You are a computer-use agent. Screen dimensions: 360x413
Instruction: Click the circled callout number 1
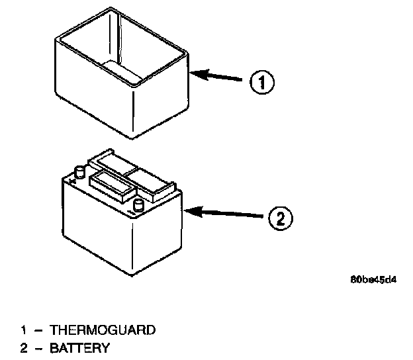(261, 83)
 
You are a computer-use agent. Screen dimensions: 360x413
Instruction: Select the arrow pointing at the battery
(228, 214)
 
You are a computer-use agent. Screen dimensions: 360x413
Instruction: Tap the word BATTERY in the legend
(79, 348)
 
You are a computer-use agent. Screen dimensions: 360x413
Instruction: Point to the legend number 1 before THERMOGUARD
(24, 330)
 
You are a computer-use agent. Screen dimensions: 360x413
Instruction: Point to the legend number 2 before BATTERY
(24, 348)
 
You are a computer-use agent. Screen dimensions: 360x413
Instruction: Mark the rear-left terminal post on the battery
(79, 171)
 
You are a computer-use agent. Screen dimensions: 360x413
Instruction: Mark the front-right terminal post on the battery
(139, 204)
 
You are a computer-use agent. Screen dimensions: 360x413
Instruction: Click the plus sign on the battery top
(71, 180)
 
